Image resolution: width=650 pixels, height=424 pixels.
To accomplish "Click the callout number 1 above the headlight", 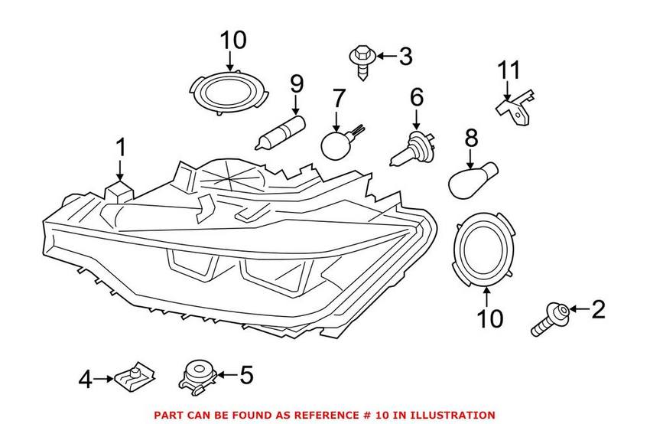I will (120, 147).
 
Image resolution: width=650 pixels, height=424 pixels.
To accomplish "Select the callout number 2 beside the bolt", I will (597, 309).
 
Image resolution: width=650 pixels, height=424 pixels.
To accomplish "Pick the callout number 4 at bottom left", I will (86, 378).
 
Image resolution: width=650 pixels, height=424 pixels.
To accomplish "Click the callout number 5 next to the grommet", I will (245, 374).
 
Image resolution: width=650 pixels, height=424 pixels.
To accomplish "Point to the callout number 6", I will (416, 97).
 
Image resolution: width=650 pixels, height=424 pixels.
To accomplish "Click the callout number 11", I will (509, 71).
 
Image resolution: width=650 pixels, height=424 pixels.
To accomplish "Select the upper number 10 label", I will (233, 39).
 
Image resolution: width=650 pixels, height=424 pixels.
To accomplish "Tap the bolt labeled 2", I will (548, 318).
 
